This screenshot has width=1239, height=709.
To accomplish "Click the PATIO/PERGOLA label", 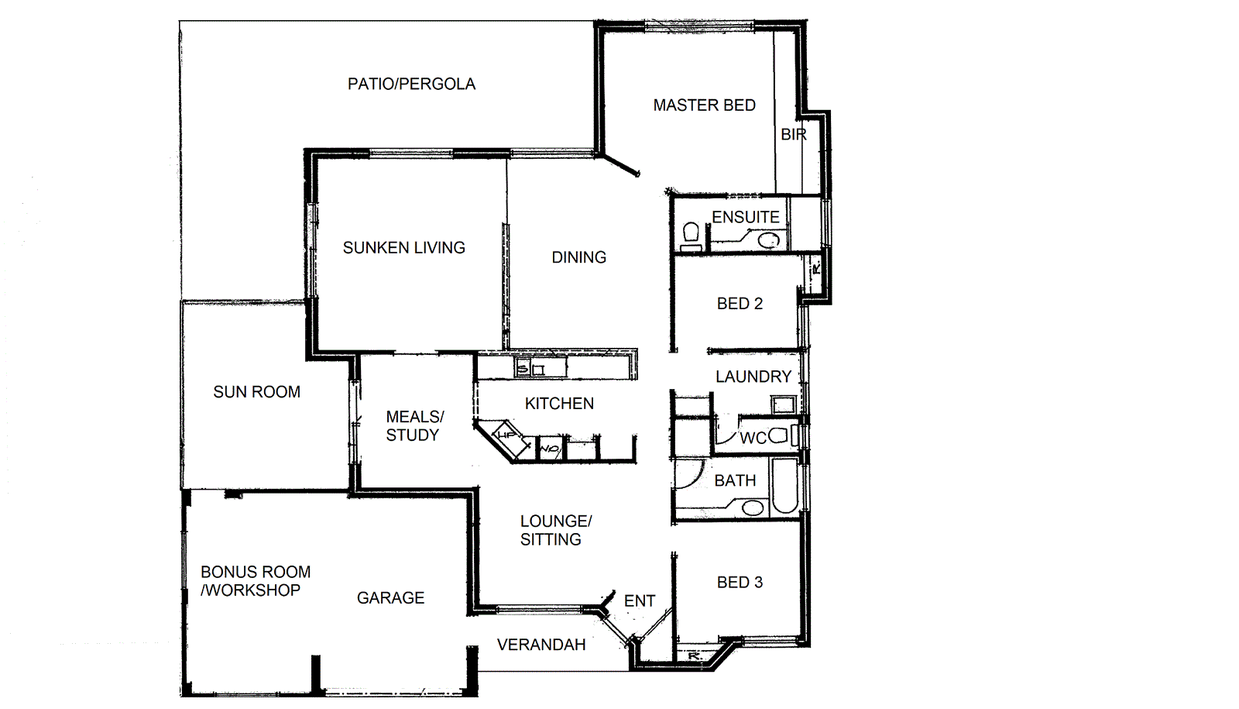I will coord(411,84).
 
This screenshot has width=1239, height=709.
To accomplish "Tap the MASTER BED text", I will coord(704,105).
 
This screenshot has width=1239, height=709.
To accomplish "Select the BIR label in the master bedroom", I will coord(793,135).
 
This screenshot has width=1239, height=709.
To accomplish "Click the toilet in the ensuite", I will coord(692,232).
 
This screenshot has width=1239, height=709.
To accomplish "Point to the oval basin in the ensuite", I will coord(768,241).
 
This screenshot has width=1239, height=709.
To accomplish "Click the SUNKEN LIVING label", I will coord(403,248).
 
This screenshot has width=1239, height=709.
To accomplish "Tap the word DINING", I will coord(578,257).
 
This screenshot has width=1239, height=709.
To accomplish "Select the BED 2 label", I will coord(740,304).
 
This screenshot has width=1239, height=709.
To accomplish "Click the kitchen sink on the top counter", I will coord(530,369).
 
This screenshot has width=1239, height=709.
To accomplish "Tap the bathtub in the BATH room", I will coord(784,487).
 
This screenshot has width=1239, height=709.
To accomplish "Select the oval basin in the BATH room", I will coord(752,508).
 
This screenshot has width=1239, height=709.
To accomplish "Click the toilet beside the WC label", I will coord(778,435).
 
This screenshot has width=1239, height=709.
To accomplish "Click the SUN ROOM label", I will coord(256,392).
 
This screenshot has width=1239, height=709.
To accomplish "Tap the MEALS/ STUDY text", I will coord(414,426).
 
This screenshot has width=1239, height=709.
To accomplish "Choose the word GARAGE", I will coord(390,598).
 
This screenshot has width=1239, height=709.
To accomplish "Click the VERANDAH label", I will coord(541,645).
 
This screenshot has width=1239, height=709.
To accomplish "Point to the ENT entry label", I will coord(639,601).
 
